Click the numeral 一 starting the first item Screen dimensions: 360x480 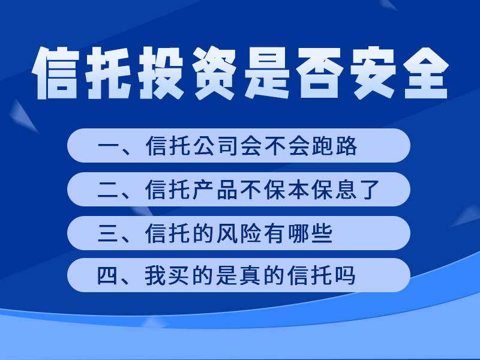coord(107,146)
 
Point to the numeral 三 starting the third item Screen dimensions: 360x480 coord(107,233)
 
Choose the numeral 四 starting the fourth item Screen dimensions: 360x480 coord(107,276)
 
